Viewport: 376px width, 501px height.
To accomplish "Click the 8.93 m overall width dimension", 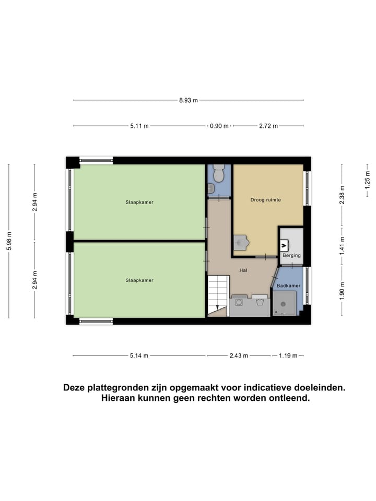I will click(188, 100).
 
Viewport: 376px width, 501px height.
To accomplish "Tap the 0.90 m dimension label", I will click(219, 126).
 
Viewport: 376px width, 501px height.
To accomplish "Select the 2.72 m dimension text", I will click(268, 126).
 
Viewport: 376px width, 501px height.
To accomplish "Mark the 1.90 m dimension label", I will click(342, 291).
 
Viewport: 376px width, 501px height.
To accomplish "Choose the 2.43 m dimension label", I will click(239, 355).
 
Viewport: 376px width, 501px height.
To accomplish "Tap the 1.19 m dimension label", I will click(287, 355).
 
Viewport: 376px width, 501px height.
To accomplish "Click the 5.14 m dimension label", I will click(138, 355).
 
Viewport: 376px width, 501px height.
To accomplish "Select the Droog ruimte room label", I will click(265, 199).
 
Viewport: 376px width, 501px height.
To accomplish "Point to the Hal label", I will click(243, 270).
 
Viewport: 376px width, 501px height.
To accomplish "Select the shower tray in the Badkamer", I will click(284, 303).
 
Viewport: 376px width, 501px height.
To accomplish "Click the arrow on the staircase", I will click(218, 307).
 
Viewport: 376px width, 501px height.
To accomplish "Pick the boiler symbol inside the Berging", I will click(285, 244).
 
